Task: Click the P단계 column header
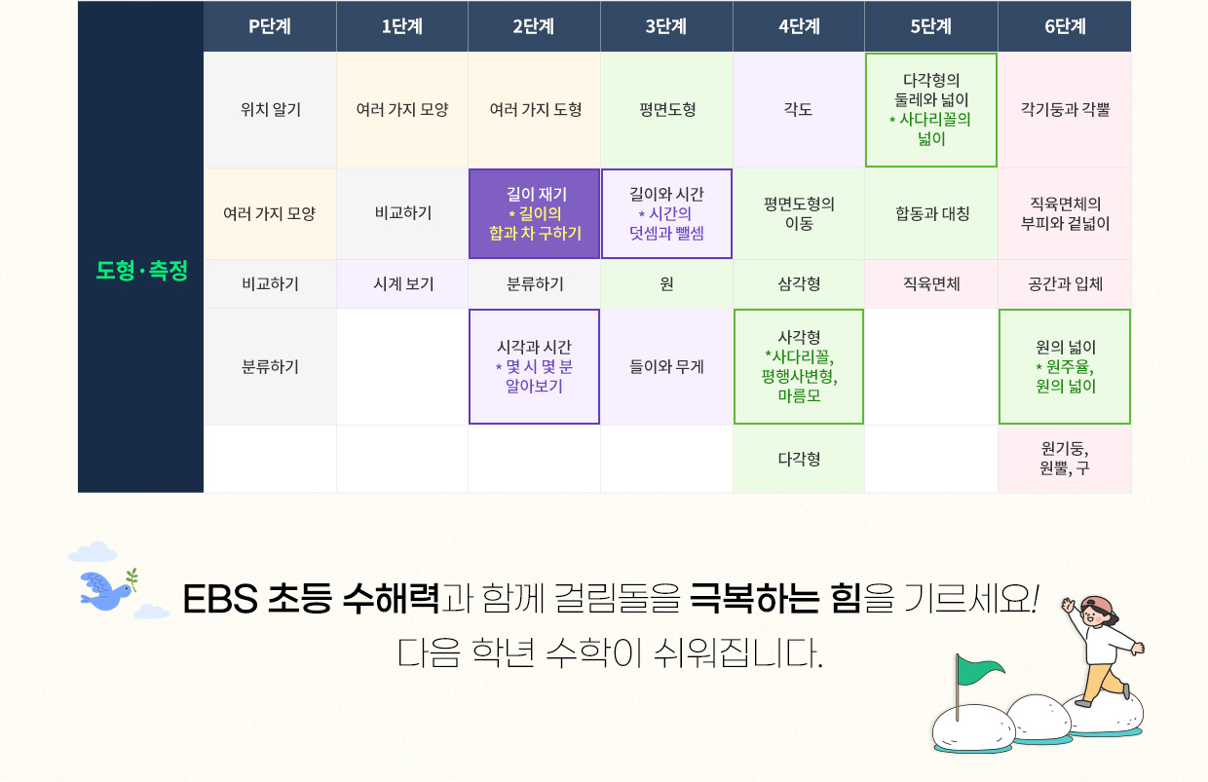pyautogui.click(x=270, y=26)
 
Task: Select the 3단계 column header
pyautogui.click(x=666, y=26)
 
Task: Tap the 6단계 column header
pyautogui.click(x=1065, y=26)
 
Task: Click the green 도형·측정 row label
pyautogui.click(x=141, y=270)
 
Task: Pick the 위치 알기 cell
pyautogui.click(x=270, y=110)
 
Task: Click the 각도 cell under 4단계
pyautogui.click(x=799, y=110)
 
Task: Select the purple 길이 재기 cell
pyautogui.click(x=535, y=214)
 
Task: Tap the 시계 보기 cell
pyautogui.click(x=402, y=284)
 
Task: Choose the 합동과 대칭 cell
pyautogui.click(x=931, y=214)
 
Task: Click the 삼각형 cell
pyautogui.click(x=799, y=284)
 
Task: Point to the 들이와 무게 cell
pyautogui.click(x=666, y=367)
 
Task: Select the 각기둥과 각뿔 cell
pyautogui.click(x=1065, y=110)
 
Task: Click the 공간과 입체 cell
pyautogui.click(x=1065, y=284)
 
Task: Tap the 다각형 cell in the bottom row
pyautogui.click(x=799, y=460)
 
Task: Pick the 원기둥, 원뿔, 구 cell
pyautogui.click(x=1065, y=460)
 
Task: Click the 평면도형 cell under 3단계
pyautogui.click(x=666, y=110)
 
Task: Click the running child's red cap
pyautogui.click(x=1099, y=607)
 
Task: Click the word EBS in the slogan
pyautogui.click(x=220, y=599)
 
